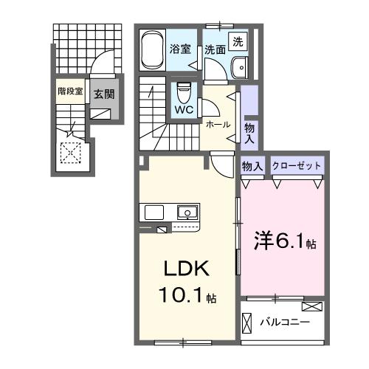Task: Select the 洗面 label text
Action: click(215, 50)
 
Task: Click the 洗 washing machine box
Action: click(239, 42)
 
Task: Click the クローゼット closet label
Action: click(297, 166)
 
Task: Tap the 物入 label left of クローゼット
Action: click(252, 166)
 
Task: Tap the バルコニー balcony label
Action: click(284, 323)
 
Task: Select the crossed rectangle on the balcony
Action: click(312, 306)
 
